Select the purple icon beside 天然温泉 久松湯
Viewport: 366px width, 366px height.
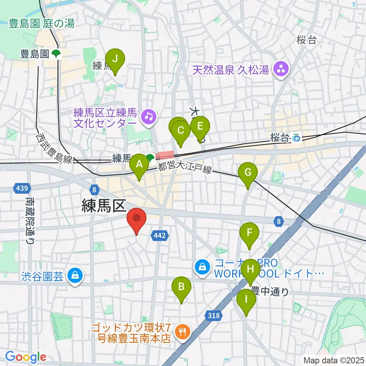coord(282,70)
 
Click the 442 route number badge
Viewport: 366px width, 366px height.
coord(160,236)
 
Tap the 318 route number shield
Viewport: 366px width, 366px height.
coord(213,315)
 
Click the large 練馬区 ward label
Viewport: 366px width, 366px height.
coord(103,206)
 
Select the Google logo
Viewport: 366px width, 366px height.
coord(26,356)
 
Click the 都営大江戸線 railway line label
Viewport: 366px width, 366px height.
coord(185,168)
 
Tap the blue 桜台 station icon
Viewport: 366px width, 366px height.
coord(296,138)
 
